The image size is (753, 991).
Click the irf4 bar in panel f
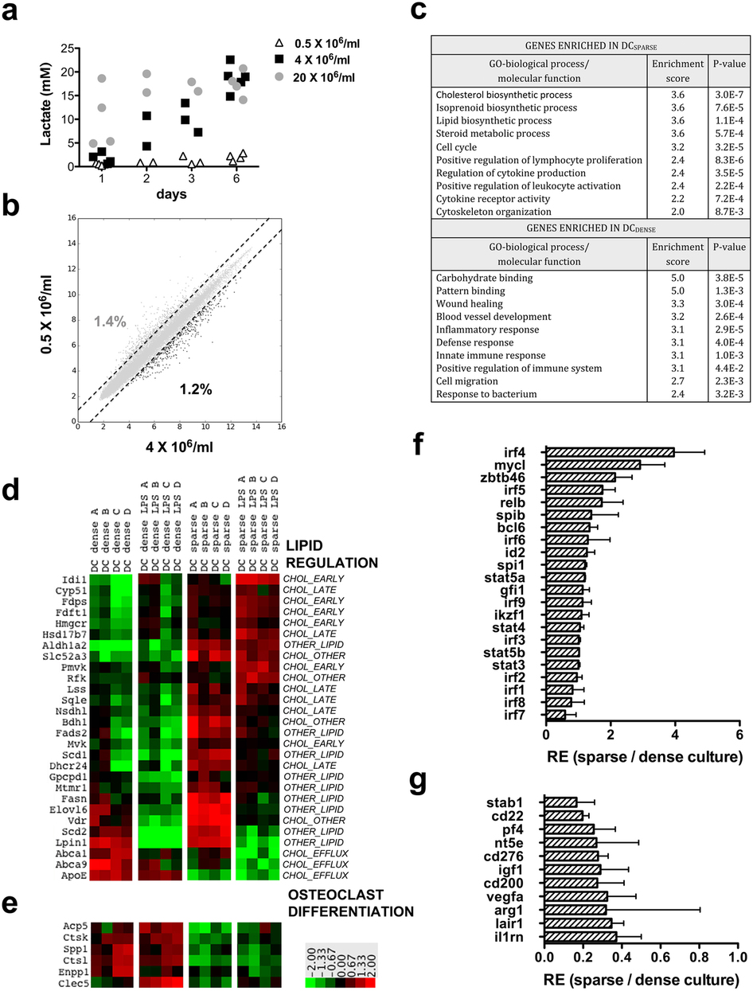click(610, 452)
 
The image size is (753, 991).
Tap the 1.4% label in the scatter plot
click(110, 322)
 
